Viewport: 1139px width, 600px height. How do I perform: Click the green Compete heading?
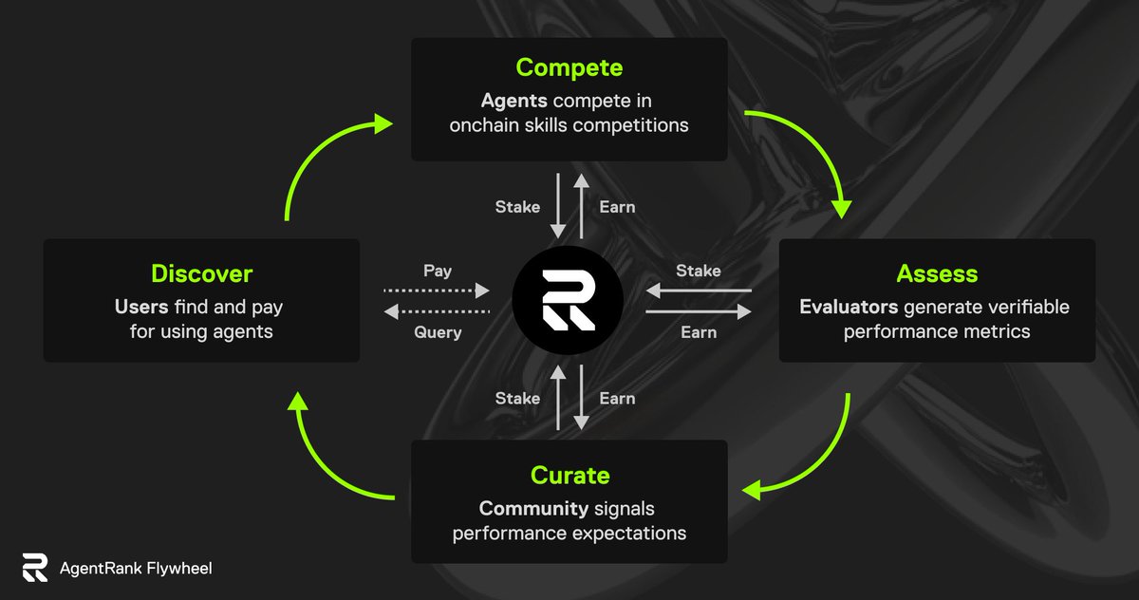tap(569, 68)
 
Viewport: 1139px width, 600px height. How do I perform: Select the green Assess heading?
tap(937, 274)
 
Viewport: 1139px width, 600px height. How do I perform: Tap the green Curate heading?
tap(569, 475)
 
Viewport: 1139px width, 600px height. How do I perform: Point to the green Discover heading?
tap(201, 274)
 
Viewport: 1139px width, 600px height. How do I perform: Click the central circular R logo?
tap(568, 300)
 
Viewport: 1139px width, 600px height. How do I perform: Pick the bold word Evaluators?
tap(849, 307)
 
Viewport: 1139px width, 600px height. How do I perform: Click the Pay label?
tap(438, 271)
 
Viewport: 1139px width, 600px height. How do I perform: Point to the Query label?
tap(438, 332)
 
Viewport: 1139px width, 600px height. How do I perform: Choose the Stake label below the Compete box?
tap(517, 207)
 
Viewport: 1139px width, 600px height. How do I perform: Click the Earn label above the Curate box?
tap(617, 399)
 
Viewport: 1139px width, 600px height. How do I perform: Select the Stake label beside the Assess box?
tap(699, 272)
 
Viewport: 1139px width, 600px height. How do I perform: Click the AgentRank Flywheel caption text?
tap(136, 569)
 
